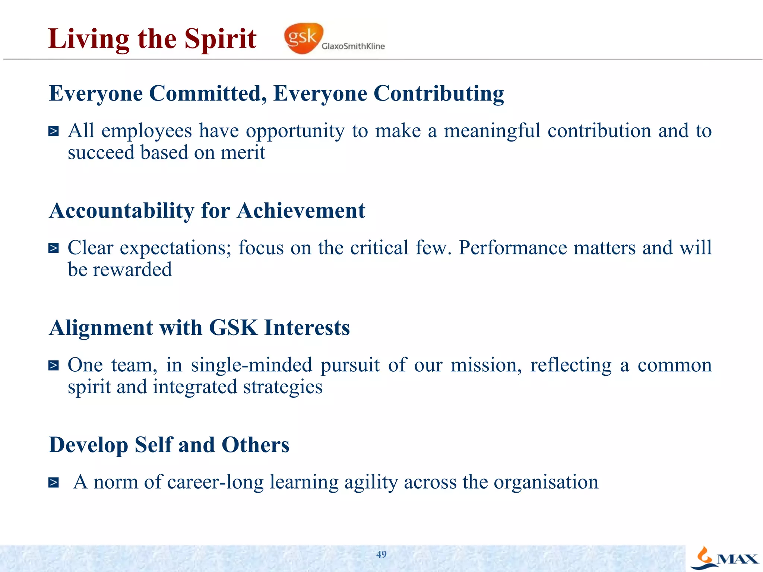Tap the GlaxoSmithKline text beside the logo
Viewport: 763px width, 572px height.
[x=353, y=46]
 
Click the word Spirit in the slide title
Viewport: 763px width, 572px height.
[x=221, y=39]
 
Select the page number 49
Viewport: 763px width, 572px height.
[x=381, y=554]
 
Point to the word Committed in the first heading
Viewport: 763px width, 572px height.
[x=208, y=93]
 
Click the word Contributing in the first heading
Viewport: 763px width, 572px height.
[x=439, y=94]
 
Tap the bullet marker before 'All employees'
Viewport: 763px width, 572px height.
[x=54, y=131]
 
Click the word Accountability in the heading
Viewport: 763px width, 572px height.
[x=121, y=211]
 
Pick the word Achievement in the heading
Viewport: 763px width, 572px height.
[x=301, y=211]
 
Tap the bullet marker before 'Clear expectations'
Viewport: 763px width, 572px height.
[x=54, y=248]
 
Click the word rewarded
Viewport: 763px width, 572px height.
[x=132, y=270]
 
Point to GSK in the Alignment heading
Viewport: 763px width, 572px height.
[x=233, y=328]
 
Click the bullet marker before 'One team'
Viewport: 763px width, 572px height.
[x=54, y=366]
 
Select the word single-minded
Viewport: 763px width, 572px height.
[x=251, y=365]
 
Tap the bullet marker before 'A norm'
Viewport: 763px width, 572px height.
[x=54, y=483]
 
